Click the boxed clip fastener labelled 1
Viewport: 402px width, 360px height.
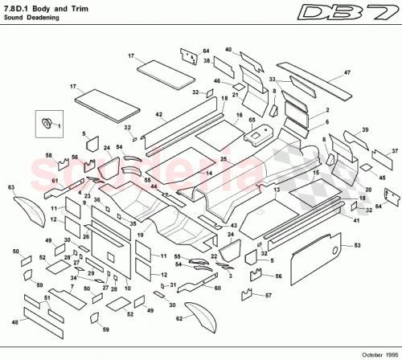tap(47, 123)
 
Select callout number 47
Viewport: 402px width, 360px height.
tap(347, 73)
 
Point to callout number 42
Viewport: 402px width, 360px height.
tap(159, 116)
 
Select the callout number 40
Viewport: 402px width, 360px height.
tap(228, 50)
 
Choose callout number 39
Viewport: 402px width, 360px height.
tap(365, 130)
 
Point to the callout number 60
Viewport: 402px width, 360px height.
tap(217, 287)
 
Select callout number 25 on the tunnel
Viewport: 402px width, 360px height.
tap(224, 159)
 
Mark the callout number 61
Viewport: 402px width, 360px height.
tap(55, 182)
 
